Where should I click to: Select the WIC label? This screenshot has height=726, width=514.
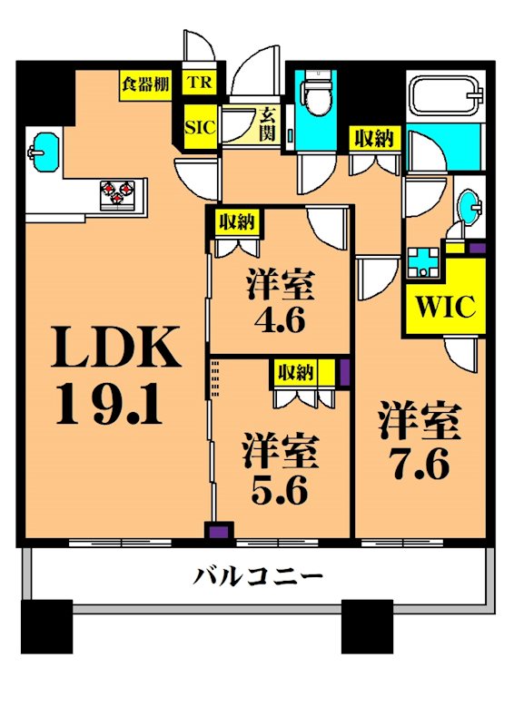coord(446,306)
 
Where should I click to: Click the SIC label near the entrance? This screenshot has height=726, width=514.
coord(200,128)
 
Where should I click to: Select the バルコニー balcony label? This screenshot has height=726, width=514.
coord(259,575)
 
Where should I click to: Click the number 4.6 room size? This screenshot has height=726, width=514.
coord(279,320)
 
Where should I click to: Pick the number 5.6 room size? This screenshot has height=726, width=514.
coord(279,490)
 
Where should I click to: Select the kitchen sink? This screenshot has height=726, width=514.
coord(44,150)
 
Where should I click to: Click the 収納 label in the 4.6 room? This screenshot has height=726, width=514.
coord(237,221)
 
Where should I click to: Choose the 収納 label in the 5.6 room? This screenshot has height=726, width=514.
coord(296,371)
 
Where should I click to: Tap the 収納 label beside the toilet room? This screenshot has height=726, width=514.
coord(373,139)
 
